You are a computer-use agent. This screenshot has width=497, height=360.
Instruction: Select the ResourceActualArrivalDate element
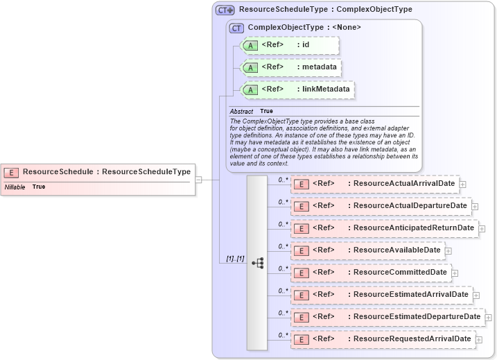tap(374, 184)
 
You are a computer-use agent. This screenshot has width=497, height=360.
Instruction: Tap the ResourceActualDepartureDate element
tap(381, 206)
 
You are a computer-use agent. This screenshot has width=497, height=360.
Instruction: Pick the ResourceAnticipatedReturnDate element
tap(384, 228)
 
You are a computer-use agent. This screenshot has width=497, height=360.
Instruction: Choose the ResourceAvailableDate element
tap(367, 250)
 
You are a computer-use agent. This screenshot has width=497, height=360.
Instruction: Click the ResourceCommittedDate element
tap(370, 273)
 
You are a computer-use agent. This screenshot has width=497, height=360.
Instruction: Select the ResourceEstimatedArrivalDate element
tap(381, 295)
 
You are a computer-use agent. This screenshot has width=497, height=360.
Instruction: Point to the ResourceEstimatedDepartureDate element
tap(387, 317)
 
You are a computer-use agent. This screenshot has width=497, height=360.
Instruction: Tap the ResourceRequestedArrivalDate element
tap(383, 339)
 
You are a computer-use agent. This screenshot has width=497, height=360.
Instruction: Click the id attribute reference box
tap(289, 46)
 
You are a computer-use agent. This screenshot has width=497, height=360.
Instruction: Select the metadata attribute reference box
tap(290, 67)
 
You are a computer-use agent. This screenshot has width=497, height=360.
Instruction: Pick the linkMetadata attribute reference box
tap(296, 89)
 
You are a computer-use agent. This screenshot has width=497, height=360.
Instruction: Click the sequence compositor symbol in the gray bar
tap(257, 263)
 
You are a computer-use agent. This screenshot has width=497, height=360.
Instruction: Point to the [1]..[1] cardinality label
tap(235, 259)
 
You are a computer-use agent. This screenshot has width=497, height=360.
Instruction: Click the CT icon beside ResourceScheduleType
tap(225, 10)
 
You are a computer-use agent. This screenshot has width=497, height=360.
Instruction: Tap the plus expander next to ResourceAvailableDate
tap(448, 251)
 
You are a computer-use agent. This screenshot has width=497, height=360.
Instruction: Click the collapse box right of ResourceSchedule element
tap(198, 180)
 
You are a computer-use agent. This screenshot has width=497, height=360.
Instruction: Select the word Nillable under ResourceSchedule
tap(15, 187)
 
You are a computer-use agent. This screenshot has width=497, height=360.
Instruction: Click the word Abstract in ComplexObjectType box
tap(241, 112)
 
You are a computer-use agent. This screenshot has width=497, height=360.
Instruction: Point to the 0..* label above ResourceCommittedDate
tap(283, 268)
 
